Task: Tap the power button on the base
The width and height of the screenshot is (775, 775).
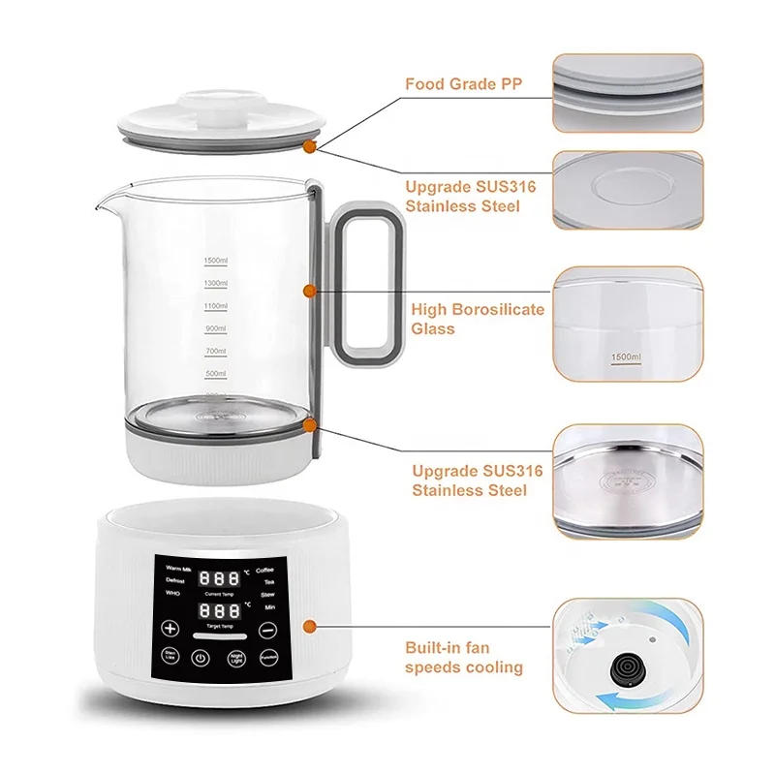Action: [x=201, y=658]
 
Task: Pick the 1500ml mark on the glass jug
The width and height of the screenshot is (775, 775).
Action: [x=215, y=261]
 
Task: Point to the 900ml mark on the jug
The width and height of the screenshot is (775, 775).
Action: [x=215, y=328]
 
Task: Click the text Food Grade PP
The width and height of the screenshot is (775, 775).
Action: [x=463, y=84]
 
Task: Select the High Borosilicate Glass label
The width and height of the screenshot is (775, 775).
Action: [x=477, y=320]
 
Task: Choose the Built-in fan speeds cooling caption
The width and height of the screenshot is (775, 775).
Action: [x=464, y=659]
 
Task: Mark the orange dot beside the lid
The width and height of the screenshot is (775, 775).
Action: [x=308, y=146]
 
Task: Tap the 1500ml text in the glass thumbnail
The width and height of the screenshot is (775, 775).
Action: [x=625, y=358]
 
